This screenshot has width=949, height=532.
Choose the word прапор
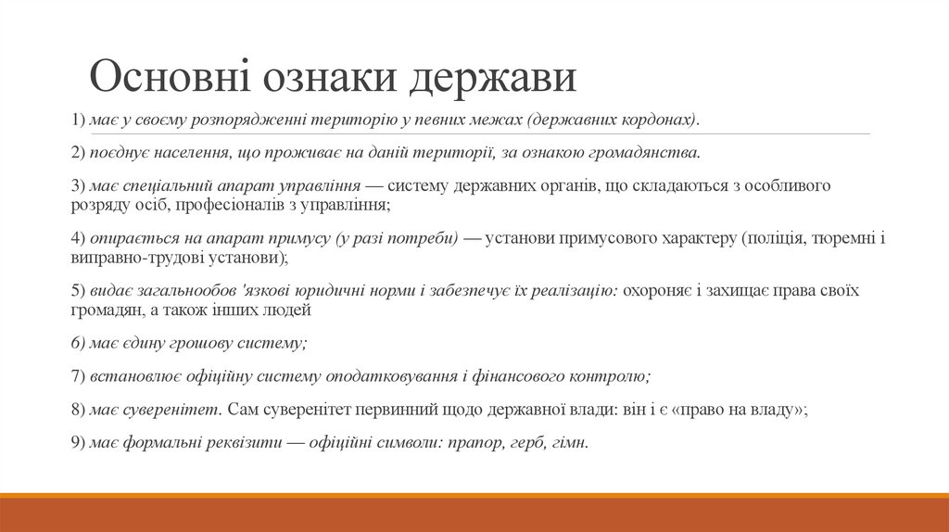475,442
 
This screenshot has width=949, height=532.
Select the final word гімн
573,442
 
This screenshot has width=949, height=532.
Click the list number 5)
78,290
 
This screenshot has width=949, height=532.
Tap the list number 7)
78,376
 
